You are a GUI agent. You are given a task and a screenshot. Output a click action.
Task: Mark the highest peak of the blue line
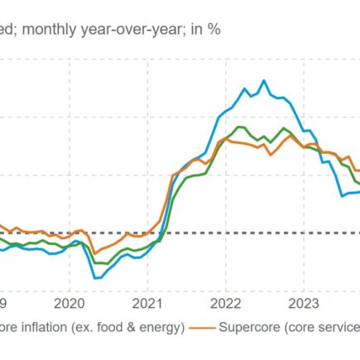pyautogui.click(x=264, y=80)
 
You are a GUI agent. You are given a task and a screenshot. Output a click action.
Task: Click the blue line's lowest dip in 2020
pyautogui.click(x=96, y=278)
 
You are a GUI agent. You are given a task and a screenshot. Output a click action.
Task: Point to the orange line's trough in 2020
pyautogui.click(x=94, y=253)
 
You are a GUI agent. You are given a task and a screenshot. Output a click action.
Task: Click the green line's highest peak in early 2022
pyautogui.click(x=239, y=127)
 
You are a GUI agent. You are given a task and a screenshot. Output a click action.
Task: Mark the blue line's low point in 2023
pyautogui.click(x=343, y=195)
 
